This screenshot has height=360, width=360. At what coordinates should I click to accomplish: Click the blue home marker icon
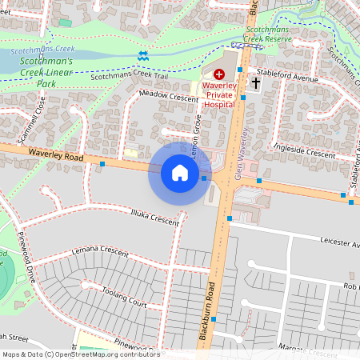(180, 173)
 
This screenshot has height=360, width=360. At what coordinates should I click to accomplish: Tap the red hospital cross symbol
(219, 73)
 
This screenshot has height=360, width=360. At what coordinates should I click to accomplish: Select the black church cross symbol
(256, 83)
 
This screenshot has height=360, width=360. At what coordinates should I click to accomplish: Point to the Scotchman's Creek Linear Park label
(46, 71)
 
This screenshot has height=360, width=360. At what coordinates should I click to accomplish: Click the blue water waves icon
(142, 55)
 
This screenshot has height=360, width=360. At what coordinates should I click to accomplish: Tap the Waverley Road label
(55, 152)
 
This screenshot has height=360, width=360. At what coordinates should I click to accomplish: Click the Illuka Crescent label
(154, 216)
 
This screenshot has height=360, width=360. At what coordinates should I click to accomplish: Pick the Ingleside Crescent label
(303, 152)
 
